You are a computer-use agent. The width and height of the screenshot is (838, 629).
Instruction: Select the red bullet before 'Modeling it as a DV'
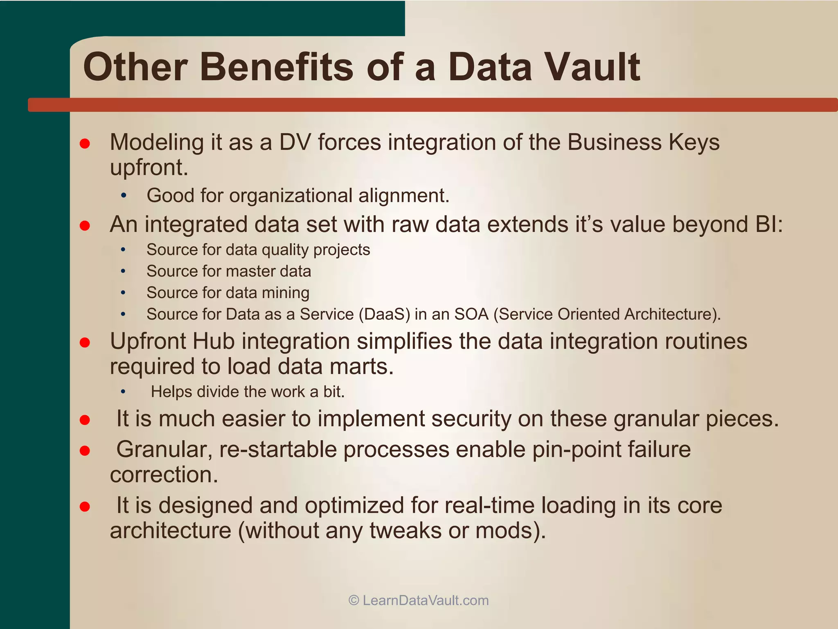[x=85, y=143]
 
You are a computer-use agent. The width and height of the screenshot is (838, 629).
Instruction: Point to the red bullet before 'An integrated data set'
[x=85, y=226]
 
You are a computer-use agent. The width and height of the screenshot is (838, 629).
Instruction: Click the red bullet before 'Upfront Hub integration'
[x=85, y=342]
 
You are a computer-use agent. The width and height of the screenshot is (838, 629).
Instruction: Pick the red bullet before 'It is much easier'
[x=85, y=420]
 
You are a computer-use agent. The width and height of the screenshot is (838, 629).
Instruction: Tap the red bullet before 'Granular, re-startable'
[x=85, y=450]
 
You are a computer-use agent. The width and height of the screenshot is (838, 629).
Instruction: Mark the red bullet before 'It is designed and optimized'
[x=85, y=507]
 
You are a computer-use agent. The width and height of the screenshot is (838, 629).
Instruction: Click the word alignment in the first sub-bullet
[x=404, y=195]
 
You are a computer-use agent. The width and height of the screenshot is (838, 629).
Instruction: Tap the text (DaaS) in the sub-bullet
[x=384, y=314]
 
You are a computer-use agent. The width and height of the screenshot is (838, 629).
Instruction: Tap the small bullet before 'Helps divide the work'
[x=123, y=392]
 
